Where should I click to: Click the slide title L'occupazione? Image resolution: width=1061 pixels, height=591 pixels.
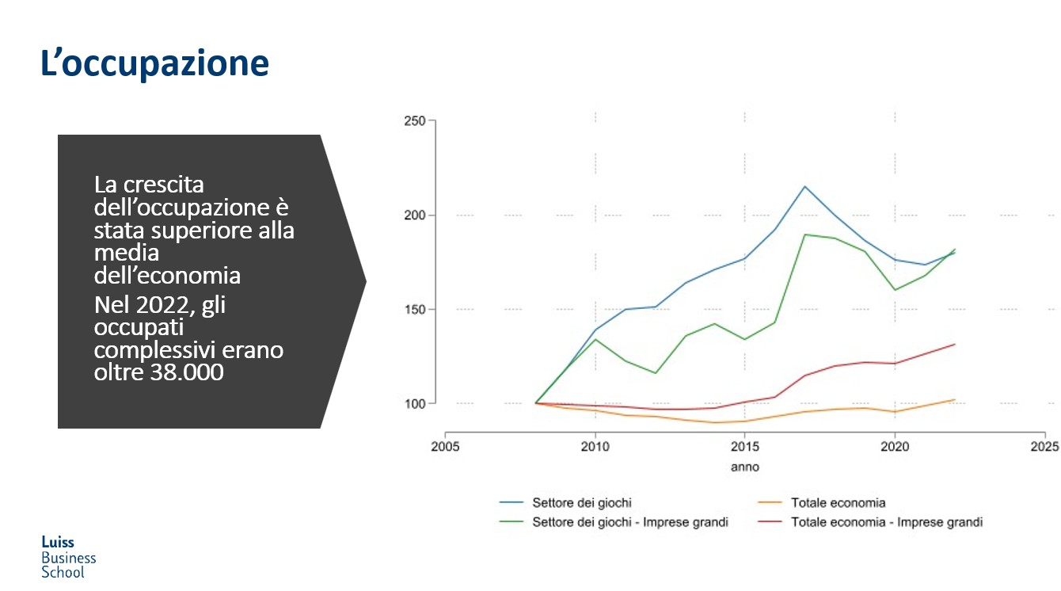click(x=154, y=63)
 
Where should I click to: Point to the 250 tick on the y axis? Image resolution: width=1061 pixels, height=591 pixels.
click(x=416, y=120)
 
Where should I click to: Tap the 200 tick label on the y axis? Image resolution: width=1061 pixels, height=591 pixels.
click(x=416, y=215)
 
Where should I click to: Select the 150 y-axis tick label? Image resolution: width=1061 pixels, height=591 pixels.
click(x=416, y=309)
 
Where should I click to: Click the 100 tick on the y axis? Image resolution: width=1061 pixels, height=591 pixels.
click(x=416, y=403)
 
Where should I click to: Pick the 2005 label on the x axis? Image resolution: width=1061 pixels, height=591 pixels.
click(x=445, y=446)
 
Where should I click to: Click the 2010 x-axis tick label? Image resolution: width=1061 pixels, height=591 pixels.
click(x=595, y=446)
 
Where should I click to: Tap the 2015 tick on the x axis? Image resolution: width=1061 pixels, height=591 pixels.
click(x=744, y=446)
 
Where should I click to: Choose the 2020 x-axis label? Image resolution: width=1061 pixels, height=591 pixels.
click(x=895, y=446)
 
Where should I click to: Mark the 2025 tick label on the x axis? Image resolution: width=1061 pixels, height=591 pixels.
click(x=1044, y=446)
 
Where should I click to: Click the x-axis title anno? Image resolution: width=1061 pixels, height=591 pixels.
click(x=744, y=467)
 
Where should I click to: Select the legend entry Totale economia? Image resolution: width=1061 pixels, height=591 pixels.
click(x=838, y=502)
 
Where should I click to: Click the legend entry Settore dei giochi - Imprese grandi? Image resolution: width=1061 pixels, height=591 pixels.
click(x=629, y=522)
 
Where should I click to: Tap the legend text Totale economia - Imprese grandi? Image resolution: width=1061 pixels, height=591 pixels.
click(x=886, y=522)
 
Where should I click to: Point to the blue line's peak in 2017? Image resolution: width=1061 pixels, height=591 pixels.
click(x=804, y=186)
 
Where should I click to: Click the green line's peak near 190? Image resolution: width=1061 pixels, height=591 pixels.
click(x=804, y=234)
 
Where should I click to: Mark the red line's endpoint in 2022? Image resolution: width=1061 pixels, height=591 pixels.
click(x=955, y=345)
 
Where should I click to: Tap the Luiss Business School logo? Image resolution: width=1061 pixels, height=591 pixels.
click(x=68, y=557)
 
